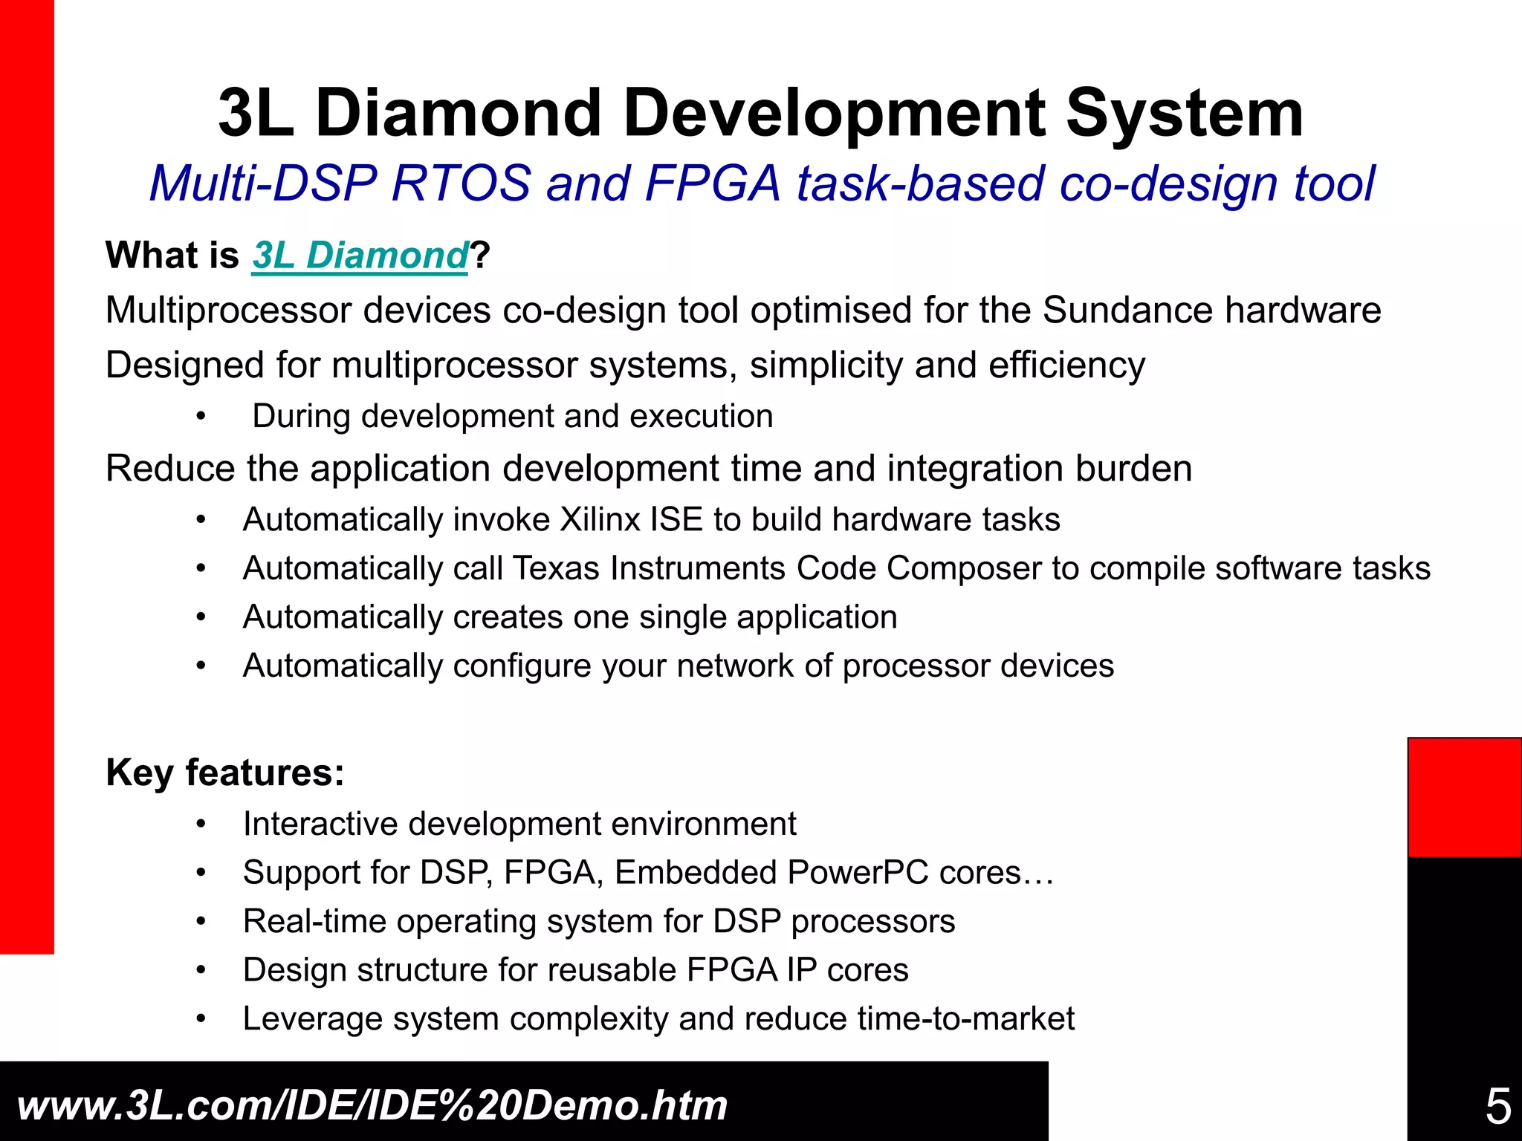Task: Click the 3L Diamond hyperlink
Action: (x=360, y=256)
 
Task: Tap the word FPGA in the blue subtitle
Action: (x=713, y=183)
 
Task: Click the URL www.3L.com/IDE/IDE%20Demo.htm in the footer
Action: (x=372, y=1105)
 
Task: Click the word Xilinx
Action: (x=600, y=520)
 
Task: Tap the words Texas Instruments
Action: (x=649, y=569)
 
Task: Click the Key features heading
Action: (x=225, y=773)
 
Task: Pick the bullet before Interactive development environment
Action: (x=200, y=825)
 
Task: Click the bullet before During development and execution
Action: (x=200, y=417)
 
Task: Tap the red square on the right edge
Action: (x=1464, y=797)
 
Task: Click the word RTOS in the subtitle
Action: (x=460, y=183)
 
